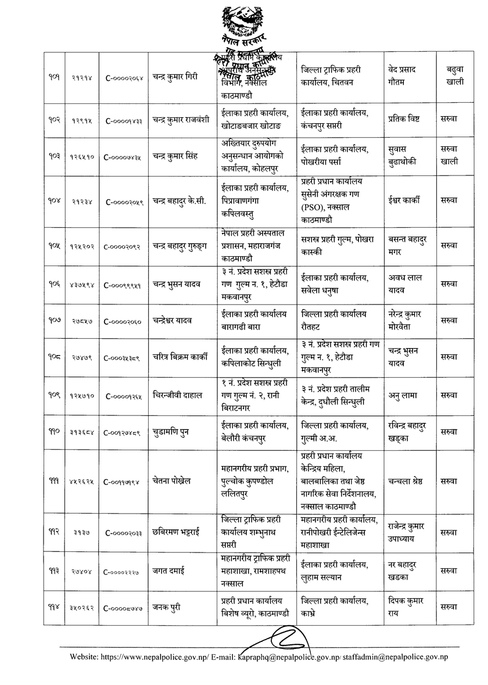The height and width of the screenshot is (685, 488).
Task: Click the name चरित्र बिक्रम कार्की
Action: coord(182,357)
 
